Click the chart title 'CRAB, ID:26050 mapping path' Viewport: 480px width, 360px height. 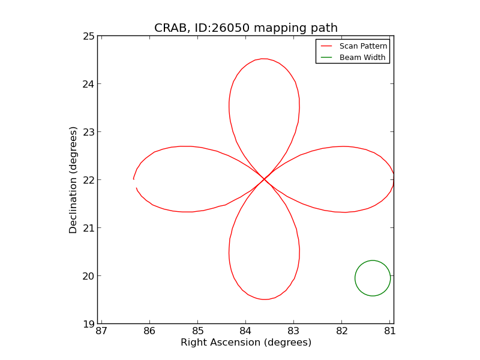pos(245,28)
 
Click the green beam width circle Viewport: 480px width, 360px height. pos(373,278)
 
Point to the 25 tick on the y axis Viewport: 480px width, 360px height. pos(88,36)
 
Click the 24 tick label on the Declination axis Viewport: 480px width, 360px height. pos(88,84)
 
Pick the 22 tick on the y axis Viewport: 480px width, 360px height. pos(88,180)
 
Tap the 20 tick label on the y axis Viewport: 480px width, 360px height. pos(88,276)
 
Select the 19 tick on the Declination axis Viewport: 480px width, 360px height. pos(88,324)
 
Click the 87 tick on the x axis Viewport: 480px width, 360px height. pos(101,331)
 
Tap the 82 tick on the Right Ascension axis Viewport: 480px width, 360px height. pos(341,331)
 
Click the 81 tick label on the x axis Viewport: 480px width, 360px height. pos(389,331)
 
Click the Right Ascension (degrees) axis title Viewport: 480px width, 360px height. pos(245,343)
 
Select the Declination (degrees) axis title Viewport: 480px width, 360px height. pos(73,180)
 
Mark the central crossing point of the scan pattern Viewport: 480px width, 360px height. pos(265,179)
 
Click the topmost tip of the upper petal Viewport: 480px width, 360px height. pos(263,59)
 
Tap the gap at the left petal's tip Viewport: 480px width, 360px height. pos(134,184)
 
